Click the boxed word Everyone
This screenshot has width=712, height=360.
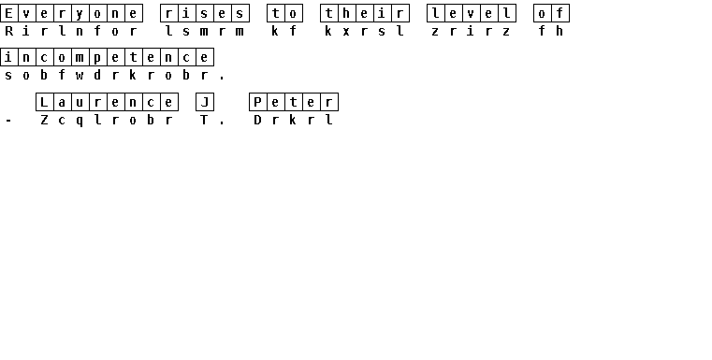click(x=71, y=13)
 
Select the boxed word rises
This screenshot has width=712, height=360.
click(x=204, y=13)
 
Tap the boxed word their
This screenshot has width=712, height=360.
click(x=365, y=13)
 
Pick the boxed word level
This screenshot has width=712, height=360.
click(x=472, y=13)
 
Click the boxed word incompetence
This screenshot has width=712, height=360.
click(x=107, y=58)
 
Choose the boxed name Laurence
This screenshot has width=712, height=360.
click(x=107, y=102)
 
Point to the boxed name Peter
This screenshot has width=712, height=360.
click(x=294, y=102)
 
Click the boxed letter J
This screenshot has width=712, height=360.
click(x=204, y=102)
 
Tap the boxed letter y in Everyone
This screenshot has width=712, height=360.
click(x=80, y=13)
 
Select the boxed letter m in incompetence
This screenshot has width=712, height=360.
click(x=80, y=58)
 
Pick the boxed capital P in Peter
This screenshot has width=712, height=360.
click(x=258, y=102)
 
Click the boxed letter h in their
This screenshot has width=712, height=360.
click(x=347, y=13)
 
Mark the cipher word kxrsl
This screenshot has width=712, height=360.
click(x=365, y=31)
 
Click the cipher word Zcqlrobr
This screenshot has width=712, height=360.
click(x=107, y=121)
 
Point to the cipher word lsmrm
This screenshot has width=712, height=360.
click(x=204, y=31)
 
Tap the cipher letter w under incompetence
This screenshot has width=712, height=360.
click(x=80, y=76)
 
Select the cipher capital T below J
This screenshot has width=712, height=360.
click(x=204, y=120)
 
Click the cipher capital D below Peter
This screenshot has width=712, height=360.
click(x=258, y=120)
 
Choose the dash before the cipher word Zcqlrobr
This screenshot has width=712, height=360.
click(x=8, y=121)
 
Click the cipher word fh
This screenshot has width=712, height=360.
click(x=551, y=31)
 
